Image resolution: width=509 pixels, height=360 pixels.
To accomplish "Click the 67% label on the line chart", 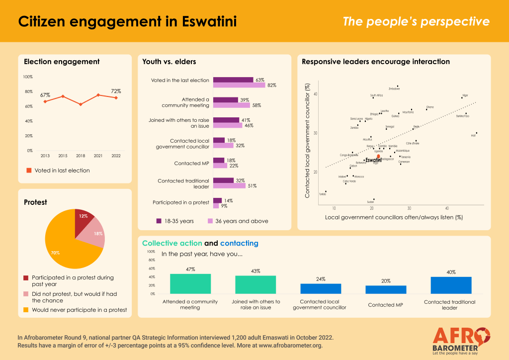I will pyautogui.click(x=45, y=94).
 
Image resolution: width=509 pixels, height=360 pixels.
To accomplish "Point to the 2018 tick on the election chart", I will pyautogui.click(x=81, y=156).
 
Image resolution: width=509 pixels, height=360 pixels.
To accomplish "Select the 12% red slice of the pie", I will pyautogui.click(x=83, y=217).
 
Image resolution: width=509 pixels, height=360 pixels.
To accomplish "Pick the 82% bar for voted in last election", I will pyautogui.click(x=239, y=85).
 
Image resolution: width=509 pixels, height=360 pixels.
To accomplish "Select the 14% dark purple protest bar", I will pyautogui.click(x=218, y=200).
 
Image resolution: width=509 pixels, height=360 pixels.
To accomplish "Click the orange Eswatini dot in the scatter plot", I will pyautogui.click(x=378, y=156).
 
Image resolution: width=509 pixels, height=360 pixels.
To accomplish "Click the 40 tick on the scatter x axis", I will pyautogui.click(x=447, y=208).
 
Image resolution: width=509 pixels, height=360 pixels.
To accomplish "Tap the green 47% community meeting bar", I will pyautogui.click(x=190, y=283).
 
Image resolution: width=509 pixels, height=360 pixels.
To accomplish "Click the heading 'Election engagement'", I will pyautogui.click(x=62, y=62).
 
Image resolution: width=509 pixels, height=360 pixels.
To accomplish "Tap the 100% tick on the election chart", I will pyautogui.click(x=27, y=77).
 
